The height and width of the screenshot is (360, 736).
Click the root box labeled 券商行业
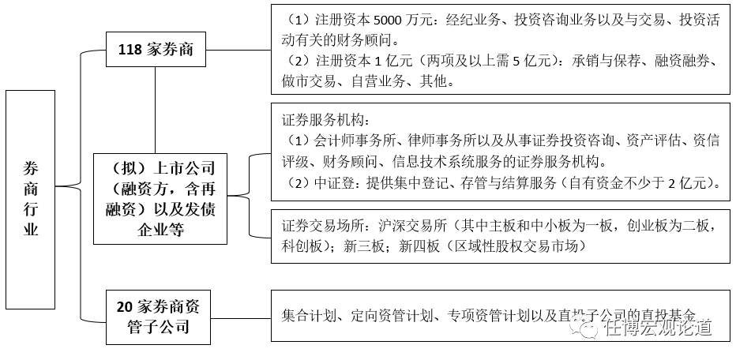coord(30,199)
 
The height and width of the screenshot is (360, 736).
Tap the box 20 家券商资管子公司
coord(159,317)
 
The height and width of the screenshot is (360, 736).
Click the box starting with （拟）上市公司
coord(159,199)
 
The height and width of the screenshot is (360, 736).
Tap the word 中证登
coord(332,183)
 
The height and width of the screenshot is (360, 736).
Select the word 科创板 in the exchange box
coord(301,246)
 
